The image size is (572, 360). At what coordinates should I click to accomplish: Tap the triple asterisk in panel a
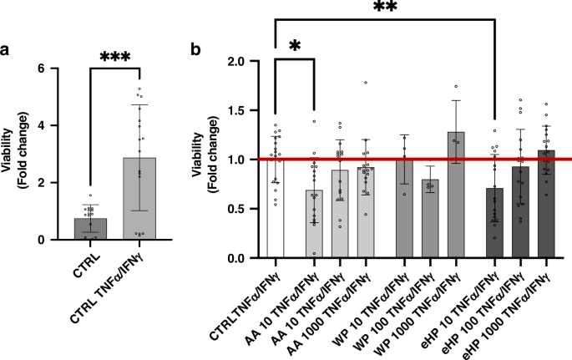(x=117, y=57)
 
